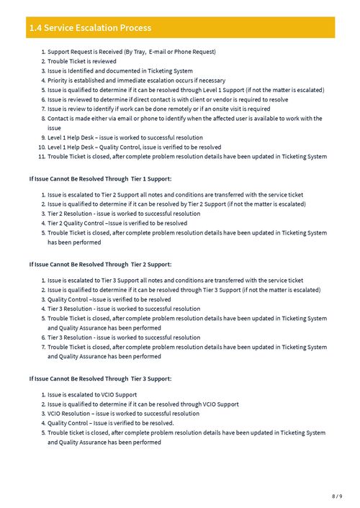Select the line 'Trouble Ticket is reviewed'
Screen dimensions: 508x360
pos(81,61)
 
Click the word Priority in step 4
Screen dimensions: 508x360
pos(59,81)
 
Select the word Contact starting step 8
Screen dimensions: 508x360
pos(59,118)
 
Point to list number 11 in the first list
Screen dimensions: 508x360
pos(42,156)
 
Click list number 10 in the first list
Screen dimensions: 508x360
pos(42,147)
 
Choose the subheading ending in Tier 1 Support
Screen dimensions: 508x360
pos(100,178)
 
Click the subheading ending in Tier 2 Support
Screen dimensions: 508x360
pos(100,264)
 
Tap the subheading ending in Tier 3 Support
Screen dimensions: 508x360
pos(100,378)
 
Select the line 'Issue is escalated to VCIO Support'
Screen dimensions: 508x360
pos(92,395)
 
